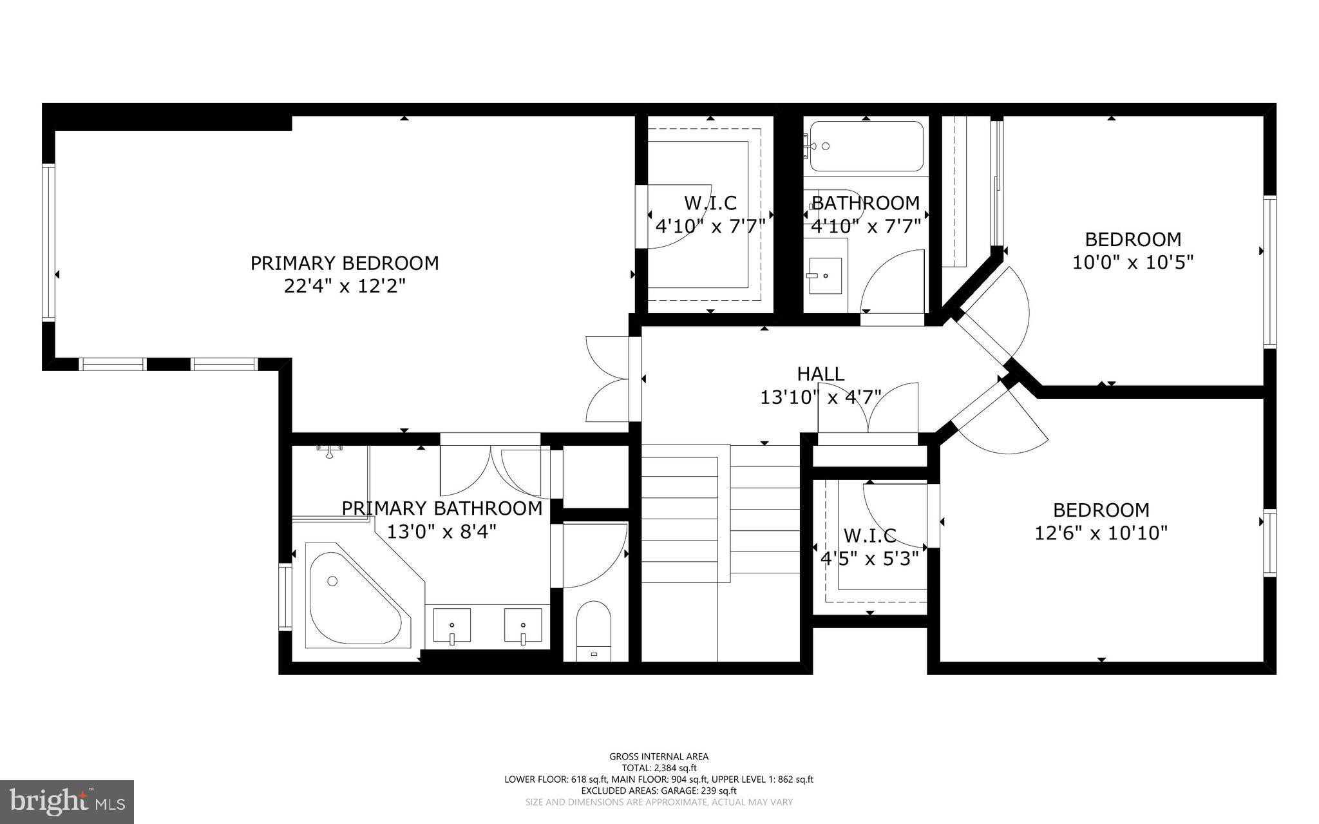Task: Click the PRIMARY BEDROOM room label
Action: point(345,263)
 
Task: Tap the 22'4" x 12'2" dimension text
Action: point(345,286)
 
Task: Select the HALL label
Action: point(821,374)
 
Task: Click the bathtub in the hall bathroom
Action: point(866,146)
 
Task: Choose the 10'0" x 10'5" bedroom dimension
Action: point(1133,263)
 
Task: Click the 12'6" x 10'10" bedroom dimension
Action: point(1101,533)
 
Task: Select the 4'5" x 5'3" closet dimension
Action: point(869,559)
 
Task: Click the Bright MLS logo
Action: point(67,801)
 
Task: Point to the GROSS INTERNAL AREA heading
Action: point(659,757)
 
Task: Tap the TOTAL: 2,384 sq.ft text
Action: point(659,768)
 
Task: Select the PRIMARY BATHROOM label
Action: point(442,508)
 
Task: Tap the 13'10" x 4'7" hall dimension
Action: point(821,398)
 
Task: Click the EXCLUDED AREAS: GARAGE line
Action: point(659,790)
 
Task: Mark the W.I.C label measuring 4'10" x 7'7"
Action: point(710,203)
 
